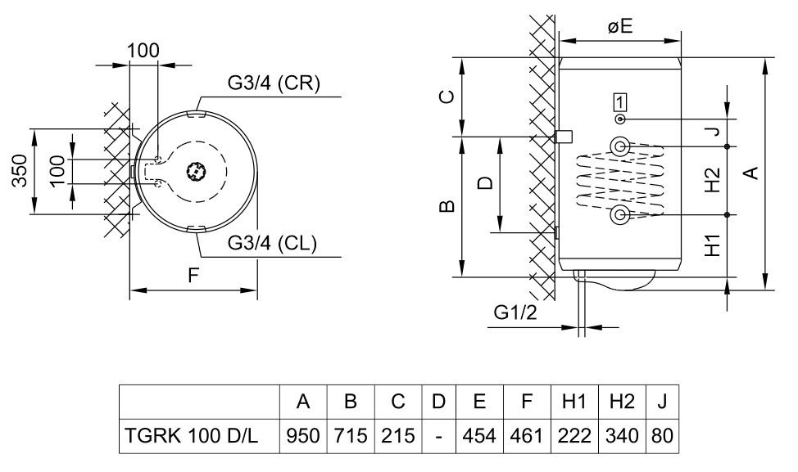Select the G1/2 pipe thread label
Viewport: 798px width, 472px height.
click(514, 312)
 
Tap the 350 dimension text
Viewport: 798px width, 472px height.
click(22, 171)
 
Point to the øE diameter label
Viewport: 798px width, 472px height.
click(620, 26)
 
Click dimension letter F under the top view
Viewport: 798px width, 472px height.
click(193, 276)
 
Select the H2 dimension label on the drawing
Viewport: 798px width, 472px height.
click(712, 180)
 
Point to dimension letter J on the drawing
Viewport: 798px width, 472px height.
click(712, 131)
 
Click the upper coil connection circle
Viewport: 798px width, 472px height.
click(620, 146)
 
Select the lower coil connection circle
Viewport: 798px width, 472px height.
click(620, 214)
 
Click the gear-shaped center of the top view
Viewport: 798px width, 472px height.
click(196, 172)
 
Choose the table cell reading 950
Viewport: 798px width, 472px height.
click(303, 436)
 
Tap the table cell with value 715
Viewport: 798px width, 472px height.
click(350, 436)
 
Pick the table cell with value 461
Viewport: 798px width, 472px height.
click(527, 436)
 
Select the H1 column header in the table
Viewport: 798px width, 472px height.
click(574, 402)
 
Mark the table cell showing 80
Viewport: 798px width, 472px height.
click(662, 436)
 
